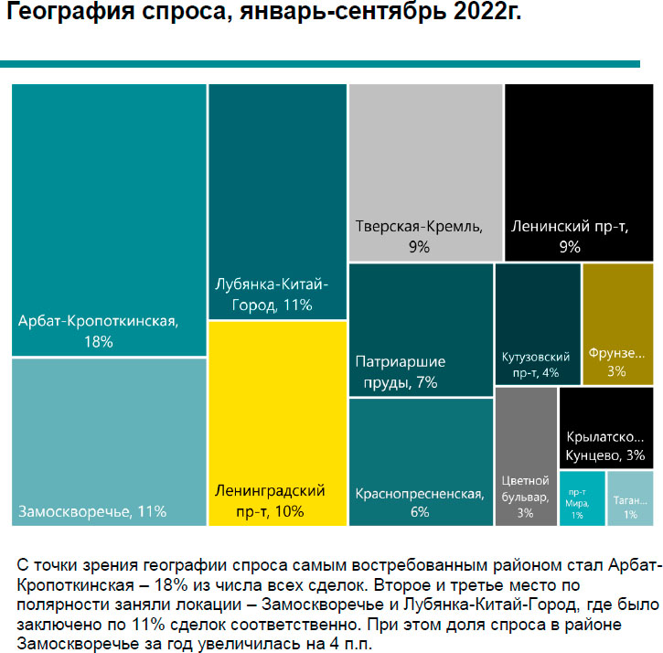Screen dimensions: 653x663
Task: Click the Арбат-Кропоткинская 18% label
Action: (x=97, y=331)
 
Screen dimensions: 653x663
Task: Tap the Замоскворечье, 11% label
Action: (x=91, y=510)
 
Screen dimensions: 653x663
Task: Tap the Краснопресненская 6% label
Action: (x=419, y=503)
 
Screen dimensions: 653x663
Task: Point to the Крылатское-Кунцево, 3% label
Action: (x=604, y=445)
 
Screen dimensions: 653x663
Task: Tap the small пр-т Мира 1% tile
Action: (x=582, y=498)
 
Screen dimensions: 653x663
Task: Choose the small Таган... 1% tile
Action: (x=629, y=498)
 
